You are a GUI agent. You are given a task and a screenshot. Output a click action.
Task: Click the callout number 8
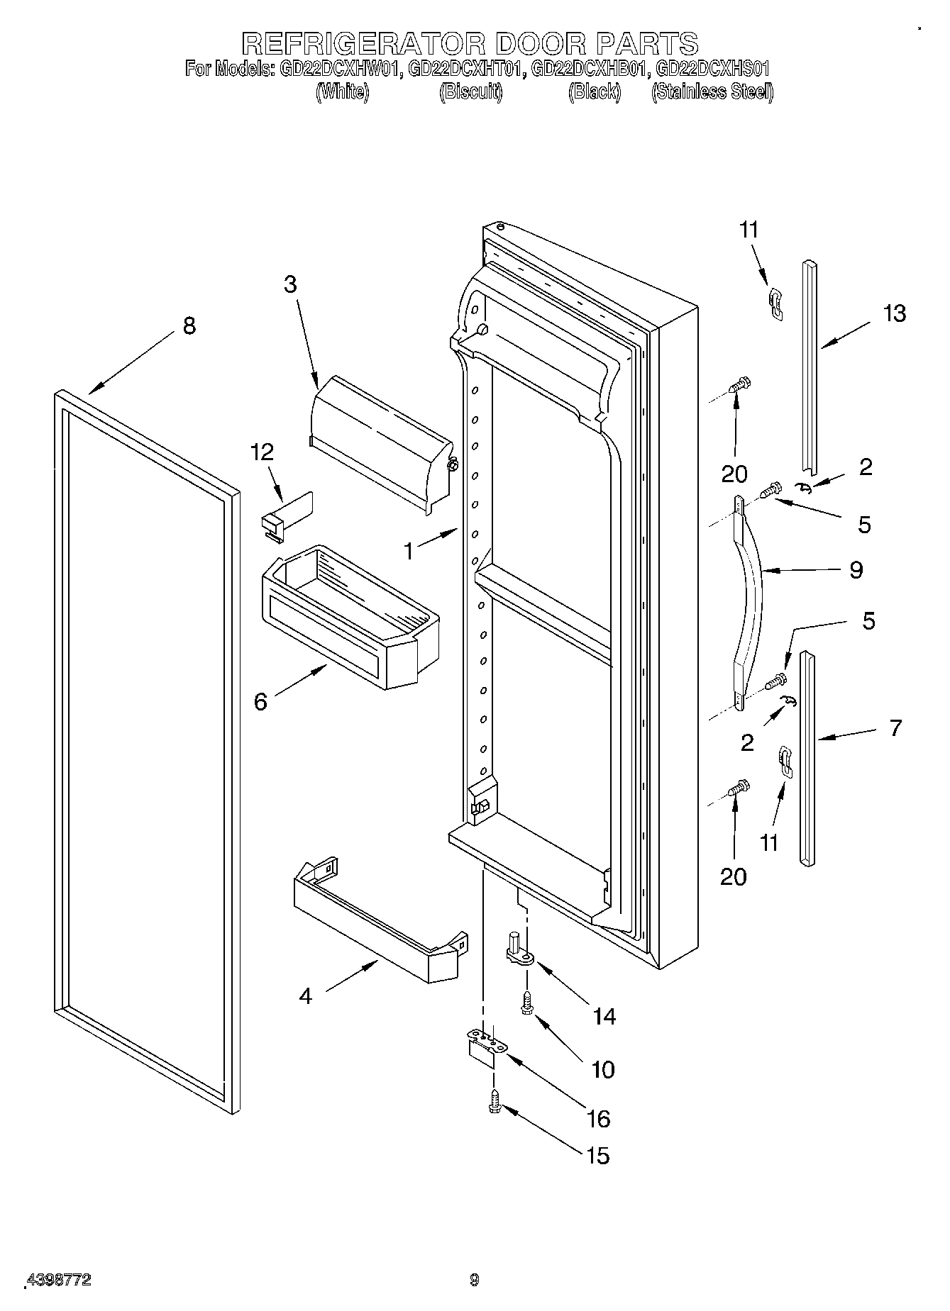189,325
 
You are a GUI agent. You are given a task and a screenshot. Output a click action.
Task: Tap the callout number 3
290,284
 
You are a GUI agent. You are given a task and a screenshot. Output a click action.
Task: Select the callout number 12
263,452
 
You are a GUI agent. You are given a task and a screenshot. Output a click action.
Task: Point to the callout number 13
895,313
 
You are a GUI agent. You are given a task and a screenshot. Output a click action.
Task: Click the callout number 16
599,1118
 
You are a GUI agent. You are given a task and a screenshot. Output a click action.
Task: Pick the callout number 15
599,1156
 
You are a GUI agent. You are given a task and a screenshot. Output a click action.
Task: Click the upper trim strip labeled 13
809,369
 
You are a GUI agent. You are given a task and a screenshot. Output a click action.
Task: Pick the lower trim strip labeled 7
807,759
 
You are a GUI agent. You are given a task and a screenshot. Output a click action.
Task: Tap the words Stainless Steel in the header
712,91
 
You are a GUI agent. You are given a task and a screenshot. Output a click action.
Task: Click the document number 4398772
58,1280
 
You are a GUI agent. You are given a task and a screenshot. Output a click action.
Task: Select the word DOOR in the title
540,43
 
